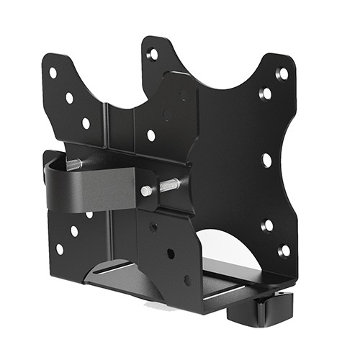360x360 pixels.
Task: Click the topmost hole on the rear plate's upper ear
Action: (x=153, y=54)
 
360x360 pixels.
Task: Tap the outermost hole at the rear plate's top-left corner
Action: (x=53, y=73)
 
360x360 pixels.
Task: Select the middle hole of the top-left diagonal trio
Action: (x=69, y=97)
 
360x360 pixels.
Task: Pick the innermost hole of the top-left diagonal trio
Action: (x=86, y=123)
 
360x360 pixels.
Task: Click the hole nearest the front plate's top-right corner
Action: (x=282, y=73)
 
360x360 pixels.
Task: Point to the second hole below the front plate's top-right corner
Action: (x=266, y=94)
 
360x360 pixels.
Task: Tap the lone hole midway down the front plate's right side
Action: (x=266, y=160)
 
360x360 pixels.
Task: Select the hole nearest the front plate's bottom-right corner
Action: (x=284, y=251)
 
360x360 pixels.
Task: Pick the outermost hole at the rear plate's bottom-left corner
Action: (x=59, y=249)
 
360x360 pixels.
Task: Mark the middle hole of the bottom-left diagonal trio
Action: (x=74, y=231)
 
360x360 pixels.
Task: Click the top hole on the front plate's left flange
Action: (x=153, y=227)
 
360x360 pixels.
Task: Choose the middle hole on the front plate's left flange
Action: (x=171, y=253)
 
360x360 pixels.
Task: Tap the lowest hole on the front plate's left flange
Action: (x=187, y=279)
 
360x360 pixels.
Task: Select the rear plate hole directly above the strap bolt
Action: (x=151, y=135)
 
